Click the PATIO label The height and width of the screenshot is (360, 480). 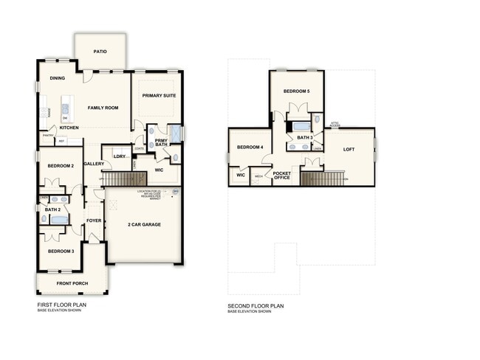coord(100,52)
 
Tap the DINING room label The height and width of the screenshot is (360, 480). coord(58,77)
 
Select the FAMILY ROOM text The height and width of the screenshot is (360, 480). coord(103,108)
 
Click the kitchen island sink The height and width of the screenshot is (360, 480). coord(65,108)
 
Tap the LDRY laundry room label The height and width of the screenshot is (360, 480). coord(119,156)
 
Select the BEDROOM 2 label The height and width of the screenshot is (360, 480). coord(61,166)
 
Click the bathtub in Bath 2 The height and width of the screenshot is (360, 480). coord(58,219)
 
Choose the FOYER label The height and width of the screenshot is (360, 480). coord(94,220)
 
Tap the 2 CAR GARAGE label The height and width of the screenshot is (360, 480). coord(145,224)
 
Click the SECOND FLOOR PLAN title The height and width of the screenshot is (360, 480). coord(256,305)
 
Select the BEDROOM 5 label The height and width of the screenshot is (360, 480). coord(296,91)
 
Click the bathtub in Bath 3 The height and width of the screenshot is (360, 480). coord(300,125)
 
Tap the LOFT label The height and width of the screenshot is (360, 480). coord(350,149)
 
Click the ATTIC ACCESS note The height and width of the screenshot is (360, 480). coord(335,124)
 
